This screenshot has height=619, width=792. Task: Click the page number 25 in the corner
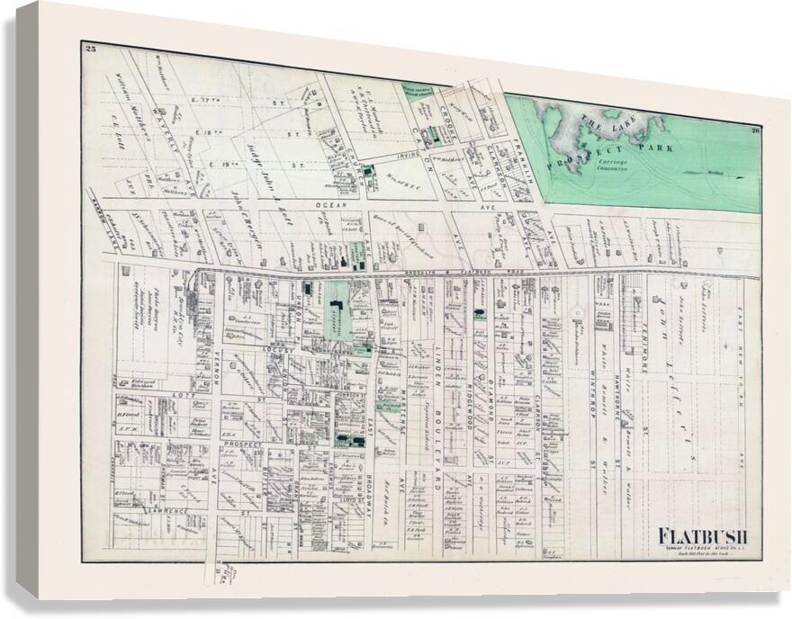pyautogui.click(x=89, y=48)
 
